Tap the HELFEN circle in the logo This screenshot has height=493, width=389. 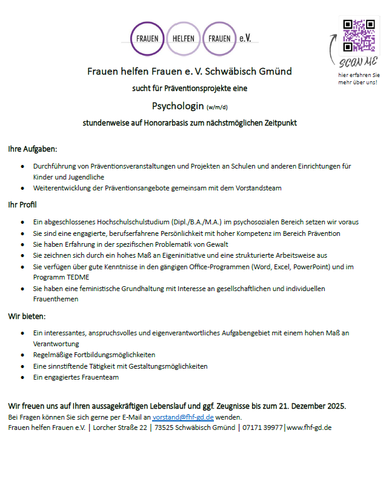click(184, 38)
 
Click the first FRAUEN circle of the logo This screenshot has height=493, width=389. click(147, 38)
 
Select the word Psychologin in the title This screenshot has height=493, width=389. click(178, 107)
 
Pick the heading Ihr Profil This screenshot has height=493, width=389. click(22, 205)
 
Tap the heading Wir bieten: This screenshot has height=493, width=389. click(27, 317)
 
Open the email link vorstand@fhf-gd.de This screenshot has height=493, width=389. click(182, 417)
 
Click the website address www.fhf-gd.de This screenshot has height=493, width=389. click(309, 428)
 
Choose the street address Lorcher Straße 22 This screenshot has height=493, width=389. click(120, 428)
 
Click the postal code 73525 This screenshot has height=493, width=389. click(165, 428)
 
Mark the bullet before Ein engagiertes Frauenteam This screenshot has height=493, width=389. click(22, 377)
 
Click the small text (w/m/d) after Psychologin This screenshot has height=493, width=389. click(216, 108)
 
